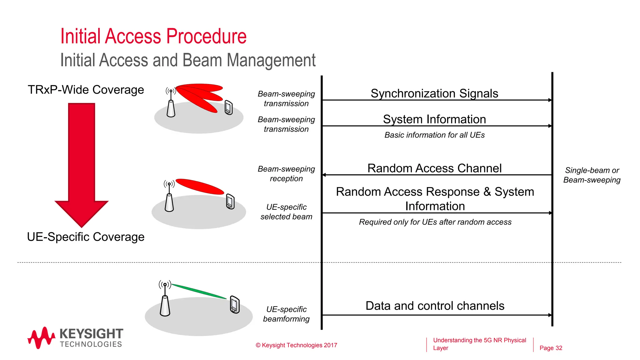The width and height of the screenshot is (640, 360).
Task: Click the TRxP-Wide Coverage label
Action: (86, 90)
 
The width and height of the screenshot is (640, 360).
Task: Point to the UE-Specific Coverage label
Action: (86, 237)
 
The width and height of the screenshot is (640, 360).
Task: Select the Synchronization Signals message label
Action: (434, 93)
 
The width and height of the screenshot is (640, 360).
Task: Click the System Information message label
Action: (434, 119)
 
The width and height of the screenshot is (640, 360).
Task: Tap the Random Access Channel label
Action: (434, 168)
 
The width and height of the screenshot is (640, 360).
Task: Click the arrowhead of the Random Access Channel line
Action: (324, 175)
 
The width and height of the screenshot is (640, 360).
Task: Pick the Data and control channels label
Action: (435, 306)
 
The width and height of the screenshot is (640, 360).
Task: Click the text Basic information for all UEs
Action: (434, 135)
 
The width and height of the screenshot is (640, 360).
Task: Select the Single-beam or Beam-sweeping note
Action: (592, 175)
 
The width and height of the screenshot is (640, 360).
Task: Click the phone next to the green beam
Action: (235, 304)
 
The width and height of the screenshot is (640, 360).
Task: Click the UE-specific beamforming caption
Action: (286, 314)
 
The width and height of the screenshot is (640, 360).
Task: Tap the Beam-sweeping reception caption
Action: (286, 174)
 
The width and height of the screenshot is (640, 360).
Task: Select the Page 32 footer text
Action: (551, 348)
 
